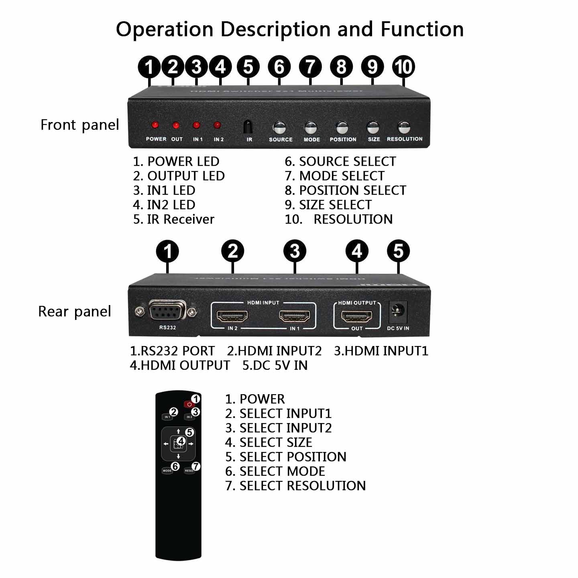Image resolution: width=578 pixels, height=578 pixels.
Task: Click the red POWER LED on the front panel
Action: coord(155,126)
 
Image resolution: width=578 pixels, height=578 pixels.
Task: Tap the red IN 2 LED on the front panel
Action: coord(217,126)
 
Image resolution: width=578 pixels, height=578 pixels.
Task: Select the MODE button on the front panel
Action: coord(311,128)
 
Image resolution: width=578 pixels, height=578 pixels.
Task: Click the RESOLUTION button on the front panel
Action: coord(404,128)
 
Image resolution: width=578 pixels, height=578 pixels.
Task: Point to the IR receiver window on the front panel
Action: coord(249,127)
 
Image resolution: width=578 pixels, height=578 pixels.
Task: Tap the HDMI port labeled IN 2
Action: coord(232,316)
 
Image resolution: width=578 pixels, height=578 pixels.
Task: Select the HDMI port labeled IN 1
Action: coord(295,316)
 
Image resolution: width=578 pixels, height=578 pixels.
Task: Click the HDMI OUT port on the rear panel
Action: coord(356,316)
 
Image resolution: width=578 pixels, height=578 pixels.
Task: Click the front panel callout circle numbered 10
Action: coord(403,67)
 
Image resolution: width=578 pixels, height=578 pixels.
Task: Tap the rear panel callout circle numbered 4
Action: coord(357,251)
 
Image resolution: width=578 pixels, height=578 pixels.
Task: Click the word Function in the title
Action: coord(422,29)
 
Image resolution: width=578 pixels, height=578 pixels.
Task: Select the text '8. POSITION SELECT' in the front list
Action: coord(345,190)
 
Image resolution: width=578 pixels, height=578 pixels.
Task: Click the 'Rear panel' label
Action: coord(75,311)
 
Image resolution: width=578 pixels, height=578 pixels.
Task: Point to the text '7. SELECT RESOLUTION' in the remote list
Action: coord(295,486)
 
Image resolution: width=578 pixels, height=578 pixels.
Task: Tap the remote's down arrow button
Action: coord(178,457)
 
